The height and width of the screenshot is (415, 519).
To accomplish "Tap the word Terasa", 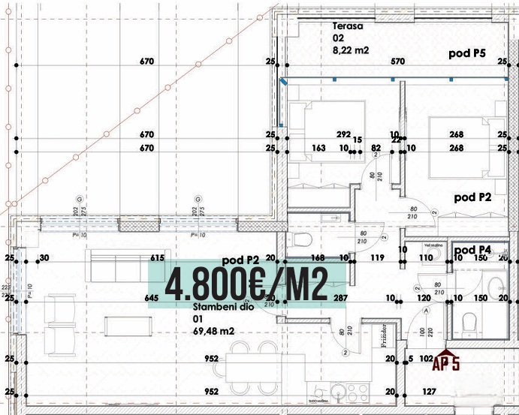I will [x=349, y=26].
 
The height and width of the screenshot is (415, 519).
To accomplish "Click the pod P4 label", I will [x=474, y=250].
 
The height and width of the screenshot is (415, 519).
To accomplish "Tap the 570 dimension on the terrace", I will [x=397, y=62].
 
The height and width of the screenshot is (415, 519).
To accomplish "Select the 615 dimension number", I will [x=157, y=258].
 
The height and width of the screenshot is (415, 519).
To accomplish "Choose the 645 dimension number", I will [x=151, y=298].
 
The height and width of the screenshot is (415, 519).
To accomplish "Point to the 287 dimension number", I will [x=340, y=298].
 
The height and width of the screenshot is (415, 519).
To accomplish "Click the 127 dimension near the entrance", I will [x=429, y=391].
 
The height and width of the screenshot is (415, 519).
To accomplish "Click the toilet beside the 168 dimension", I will [x=302, y=240].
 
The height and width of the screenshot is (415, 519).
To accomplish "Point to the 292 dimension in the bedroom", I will [x=343, y=135].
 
